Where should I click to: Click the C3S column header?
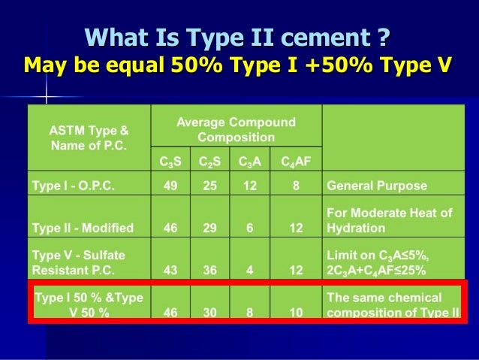170,162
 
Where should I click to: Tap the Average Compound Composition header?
236,130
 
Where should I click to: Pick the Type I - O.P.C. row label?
73,186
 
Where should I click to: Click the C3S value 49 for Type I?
170,186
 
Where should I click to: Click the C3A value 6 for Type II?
250,228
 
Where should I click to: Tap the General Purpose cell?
376,186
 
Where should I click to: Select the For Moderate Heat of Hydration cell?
389,220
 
